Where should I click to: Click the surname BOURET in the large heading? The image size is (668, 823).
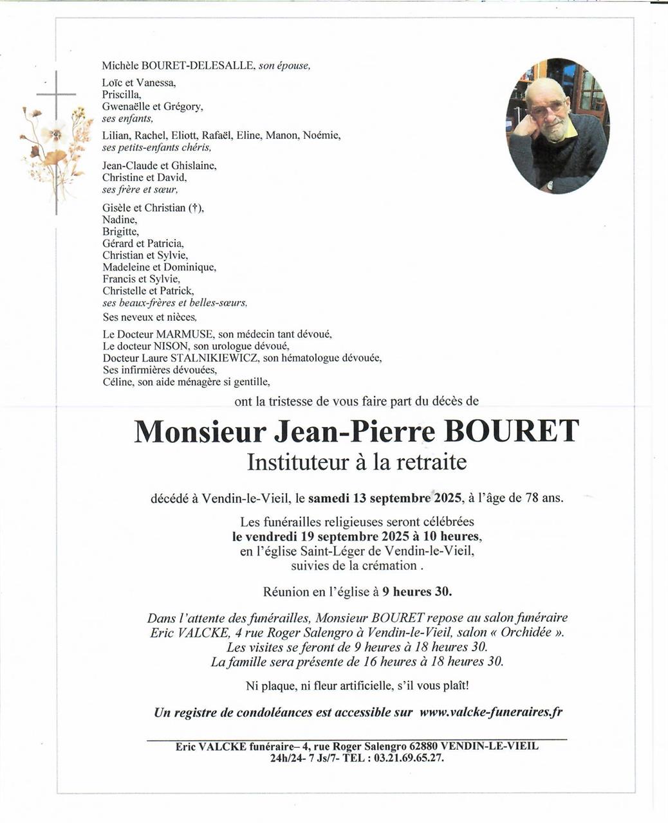coord(512,431)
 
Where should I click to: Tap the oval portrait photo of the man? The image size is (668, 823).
coord(557,126)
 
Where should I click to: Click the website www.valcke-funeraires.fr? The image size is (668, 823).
coord(491,712)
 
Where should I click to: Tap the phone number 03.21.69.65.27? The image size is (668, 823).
coord(405,757)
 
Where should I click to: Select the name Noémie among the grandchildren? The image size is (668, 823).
coord(320,135)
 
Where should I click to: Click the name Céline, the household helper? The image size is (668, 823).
coord(118,382)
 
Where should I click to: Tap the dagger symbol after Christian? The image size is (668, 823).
coord(193,208)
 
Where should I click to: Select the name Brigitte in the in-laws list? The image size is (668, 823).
coord(120,231)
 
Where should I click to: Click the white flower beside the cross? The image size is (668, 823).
coord(54,133)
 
